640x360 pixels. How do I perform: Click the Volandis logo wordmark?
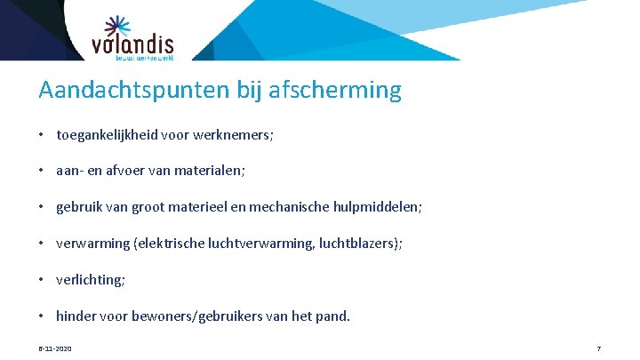[132, 44]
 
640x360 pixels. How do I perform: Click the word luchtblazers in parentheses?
[359, 244]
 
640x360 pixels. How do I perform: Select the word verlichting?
[90, 279]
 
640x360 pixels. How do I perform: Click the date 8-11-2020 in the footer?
[55, 348]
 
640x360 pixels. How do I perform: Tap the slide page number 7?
[599, 348]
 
